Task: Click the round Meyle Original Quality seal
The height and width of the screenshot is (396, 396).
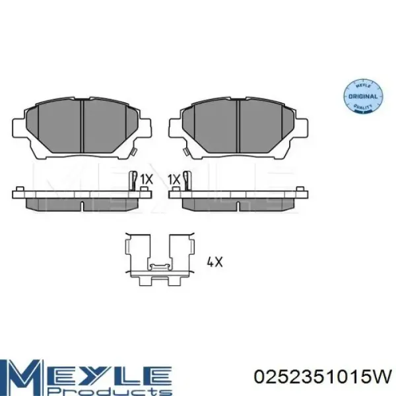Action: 363,96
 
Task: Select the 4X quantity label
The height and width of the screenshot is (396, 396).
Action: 214,262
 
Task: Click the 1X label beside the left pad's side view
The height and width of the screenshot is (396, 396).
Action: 147,180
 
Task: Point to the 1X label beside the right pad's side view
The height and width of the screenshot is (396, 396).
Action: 174,180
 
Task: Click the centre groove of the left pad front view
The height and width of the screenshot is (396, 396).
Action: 82,127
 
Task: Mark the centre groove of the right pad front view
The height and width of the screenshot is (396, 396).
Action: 238,127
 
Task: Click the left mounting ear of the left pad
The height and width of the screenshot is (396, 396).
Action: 19,128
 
